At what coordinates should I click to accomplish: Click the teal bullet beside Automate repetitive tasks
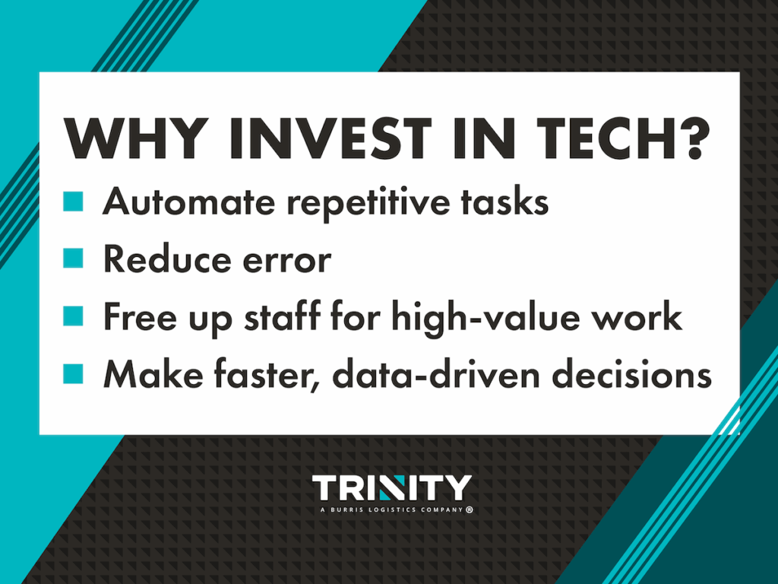[73, 202]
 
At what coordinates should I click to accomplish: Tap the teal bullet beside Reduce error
[73, 259]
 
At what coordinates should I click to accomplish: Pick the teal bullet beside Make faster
[73, 373]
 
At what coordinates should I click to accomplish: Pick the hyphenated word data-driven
[432, 373]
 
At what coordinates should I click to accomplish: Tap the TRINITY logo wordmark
[392, 488]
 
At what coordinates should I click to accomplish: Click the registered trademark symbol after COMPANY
[469, 510]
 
